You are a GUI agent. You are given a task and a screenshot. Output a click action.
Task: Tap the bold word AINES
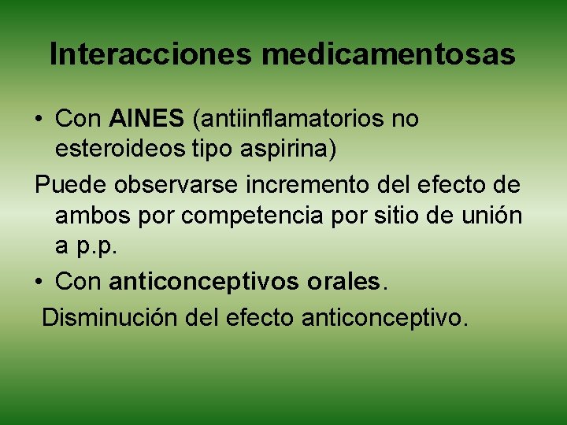click(x=146, y=120)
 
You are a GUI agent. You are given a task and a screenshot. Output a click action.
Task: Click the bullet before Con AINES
click(x=39, y=120)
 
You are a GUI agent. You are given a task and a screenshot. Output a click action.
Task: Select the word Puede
click(x=71, y=184)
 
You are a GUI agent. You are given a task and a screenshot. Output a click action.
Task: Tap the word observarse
click(x=174, y=184)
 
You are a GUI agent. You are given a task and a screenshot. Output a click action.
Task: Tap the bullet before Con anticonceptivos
click(x=39, y=281)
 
